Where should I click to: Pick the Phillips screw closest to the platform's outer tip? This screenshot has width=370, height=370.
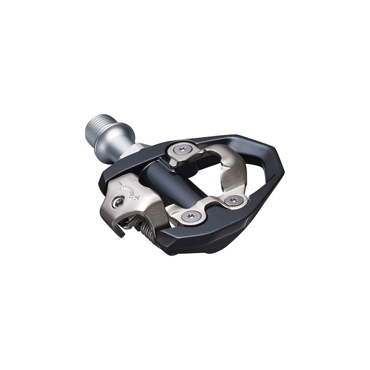[x=235, y=200]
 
